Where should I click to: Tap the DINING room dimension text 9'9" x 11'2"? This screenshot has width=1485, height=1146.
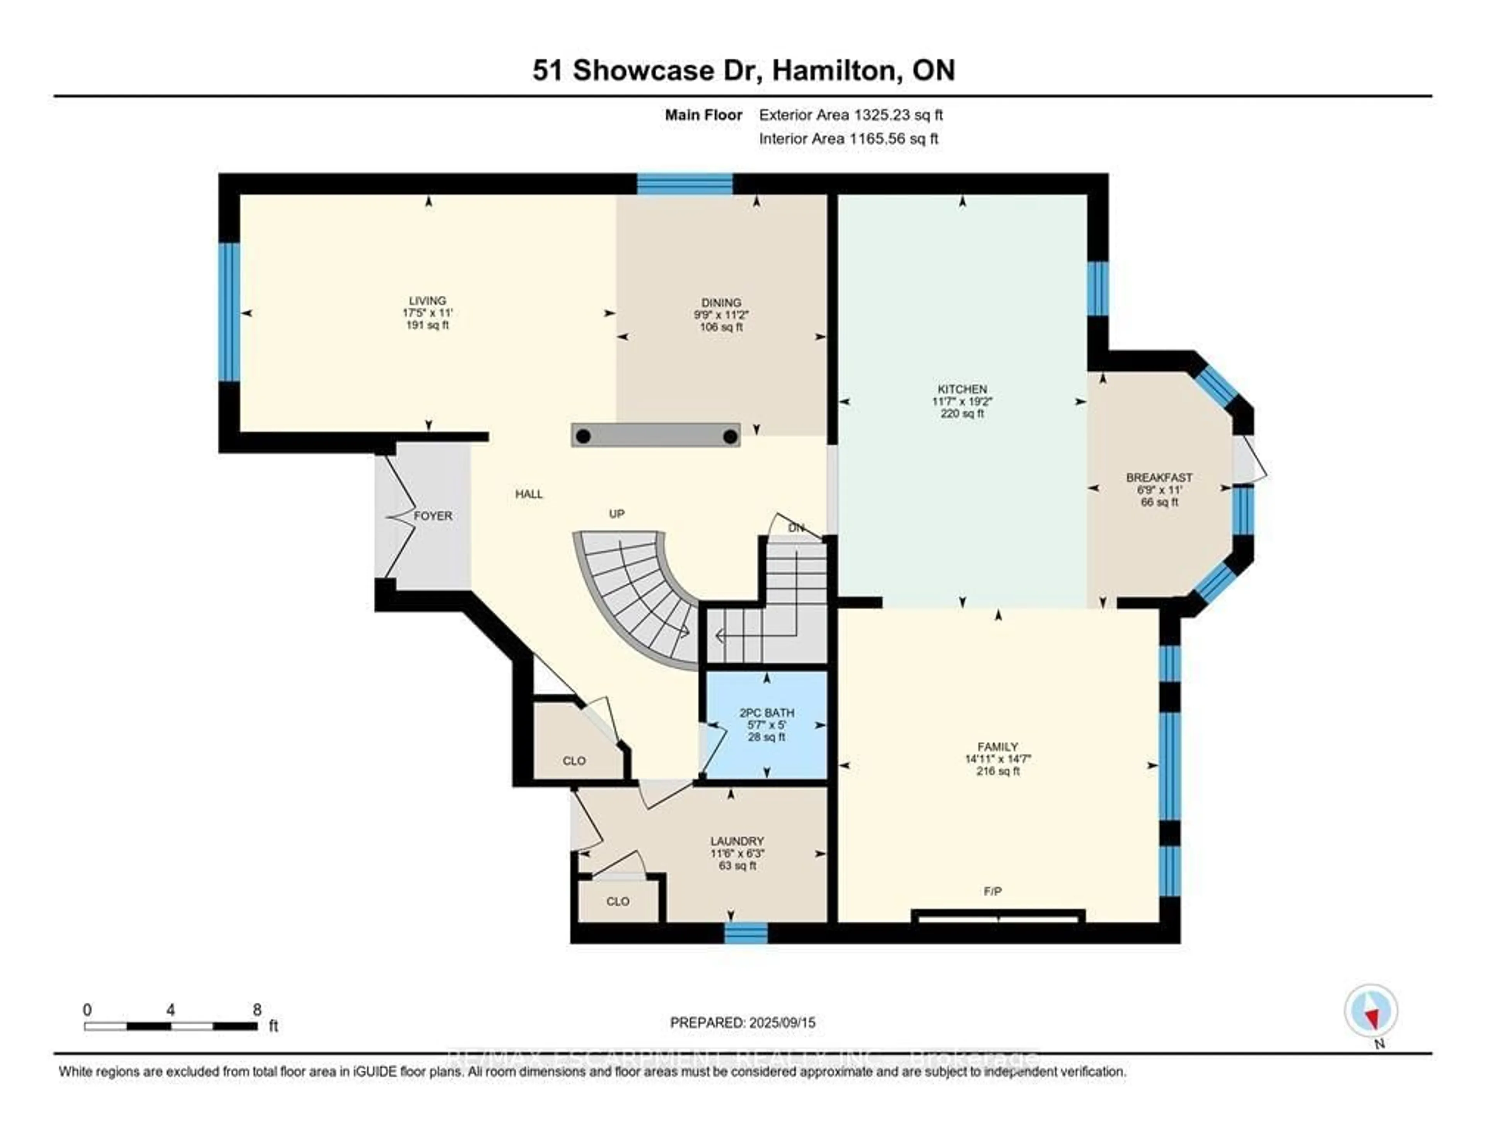[721, 315]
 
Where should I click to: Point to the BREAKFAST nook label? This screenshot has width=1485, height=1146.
[1159, 477]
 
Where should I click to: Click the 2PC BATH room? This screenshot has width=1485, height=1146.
[766, 725]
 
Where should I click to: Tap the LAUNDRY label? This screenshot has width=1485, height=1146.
[737, 841]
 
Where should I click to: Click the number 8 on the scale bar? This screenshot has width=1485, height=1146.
[257, 1010]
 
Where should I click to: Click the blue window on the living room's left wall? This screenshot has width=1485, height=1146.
[229, 312]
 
